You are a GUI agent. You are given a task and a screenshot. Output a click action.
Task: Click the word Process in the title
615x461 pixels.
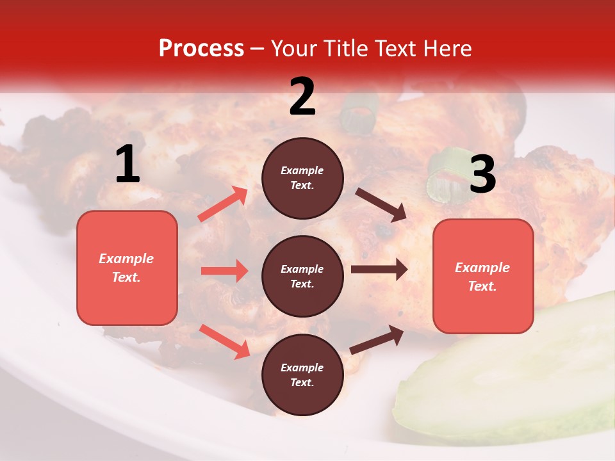[201, 49]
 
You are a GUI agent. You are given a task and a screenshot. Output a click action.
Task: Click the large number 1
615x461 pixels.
[127, 165]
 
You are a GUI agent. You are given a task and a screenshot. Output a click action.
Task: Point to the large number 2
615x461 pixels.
[302, 97]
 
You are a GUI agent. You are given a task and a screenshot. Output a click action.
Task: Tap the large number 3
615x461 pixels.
[482, 175]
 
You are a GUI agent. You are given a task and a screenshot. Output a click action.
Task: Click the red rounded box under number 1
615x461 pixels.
[127, 268]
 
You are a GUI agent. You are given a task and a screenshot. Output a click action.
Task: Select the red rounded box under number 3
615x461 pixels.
[483, 277]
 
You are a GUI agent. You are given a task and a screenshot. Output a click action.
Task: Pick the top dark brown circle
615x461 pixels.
[302, 178]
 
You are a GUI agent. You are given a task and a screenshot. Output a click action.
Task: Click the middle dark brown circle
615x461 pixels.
[302, 276]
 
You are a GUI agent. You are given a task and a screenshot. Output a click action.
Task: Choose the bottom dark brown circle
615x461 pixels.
[302, 375]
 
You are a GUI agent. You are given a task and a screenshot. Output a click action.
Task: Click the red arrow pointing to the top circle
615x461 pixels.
[223, 204]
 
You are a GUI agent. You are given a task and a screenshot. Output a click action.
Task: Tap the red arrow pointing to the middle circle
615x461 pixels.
[224, 271]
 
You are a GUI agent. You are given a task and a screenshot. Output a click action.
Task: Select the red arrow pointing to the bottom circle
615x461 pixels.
[224, 341]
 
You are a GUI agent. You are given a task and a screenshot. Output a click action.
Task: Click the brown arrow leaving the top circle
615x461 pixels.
[381, 205]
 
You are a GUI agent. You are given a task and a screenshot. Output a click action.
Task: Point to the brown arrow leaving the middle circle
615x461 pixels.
[379, 270]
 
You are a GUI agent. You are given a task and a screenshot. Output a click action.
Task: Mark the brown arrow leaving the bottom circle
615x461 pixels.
[377, 339]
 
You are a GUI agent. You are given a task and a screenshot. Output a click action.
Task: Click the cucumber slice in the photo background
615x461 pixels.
[512, 378]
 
